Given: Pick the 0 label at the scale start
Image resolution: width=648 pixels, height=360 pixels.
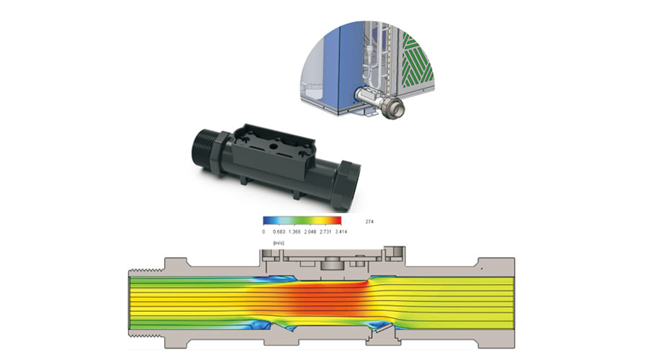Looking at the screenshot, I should pyautogui.click(x=264, y=232).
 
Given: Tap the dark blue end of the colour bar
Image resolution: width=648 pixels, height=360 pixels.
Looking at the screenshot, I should pyautogui.click(x=267, y=221).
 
